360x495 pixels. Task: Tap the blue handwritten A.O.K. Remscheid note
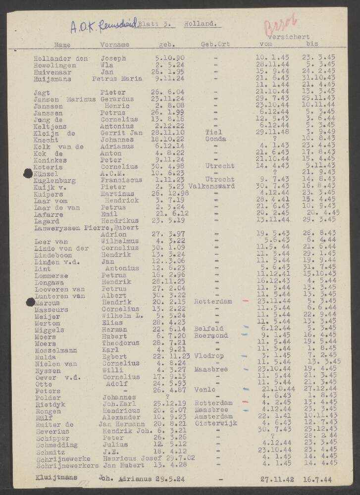click(102, 23)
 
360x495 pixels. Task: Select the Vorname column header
click(114, 45)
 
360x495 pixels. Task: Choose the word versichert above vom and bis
click(288, 37)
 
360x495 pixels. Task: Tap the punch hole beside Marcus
click(30, 302)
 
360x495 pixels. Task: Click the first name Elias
click(111, 322)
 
